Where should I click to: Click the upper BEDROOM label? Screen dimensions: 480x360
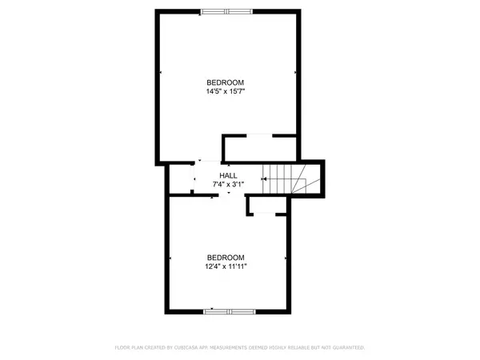coord(226,82)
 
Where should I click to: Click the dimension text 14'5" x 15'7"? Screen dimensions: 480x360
coord(226,91)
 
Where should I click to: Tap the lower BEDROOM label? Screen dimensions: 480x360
coord(226,258)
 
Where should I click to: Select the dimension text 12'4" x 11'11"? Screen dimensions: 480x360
coord(226,266)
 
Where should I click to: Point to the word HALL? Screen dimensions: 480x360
coord(228,176)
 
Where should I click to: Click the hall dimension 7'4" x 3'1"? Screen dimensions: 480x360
coord(228,184)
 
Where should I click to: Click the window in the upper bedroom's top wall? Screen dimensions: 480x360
coord(226,12)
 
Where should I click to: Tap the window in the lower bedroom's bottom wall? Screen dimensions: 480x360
coord(230,312)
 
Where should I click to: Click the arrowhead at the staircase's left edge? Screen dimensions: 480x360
coord(265,179)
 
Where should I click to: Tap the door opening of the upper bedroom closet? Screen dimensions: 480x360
coord(259,136)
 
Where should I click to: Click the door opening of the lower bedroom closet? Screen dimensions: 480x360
coord(265,214)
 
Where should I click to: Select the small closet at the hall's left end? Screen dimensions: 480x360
coord(181,179)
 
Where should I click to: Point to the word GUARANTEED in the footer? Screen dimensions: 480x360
coord(348,347)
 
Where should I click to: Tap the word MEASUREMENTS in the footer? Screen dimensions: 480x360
coord(228,347)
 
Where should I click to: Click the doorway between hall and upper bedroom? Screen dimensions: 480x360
coord(208,162)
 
